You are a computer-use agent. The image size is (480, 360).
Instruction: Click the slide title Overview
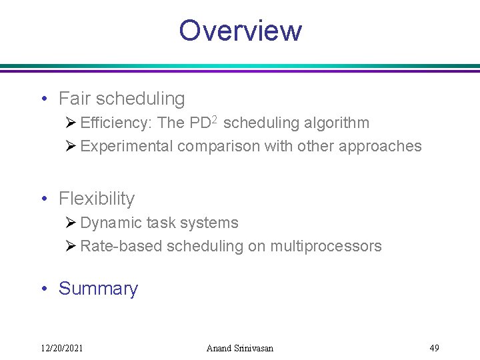pos(240,31)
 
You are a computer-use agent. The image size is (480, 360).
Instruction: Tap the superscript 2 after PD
pos(215,121)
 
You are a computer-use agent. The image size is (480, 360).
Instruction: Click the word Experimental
pos(127,147)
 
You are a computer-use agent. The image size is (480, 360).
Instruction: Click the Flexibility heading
pos(97,199)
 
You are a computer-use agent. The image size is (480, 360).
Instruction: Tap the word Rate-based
pos(121,247)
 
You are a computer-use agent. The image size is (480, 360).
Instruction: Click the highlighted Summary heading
pos(98,289)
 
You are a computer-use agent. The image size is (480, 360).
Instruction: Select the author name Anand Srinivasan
pos(240,348)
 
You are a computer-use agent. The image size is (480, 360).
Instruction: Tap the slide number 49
pos(434,348)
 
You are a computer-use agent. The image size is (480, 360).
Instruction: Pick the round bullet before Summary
pos(43,289)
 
